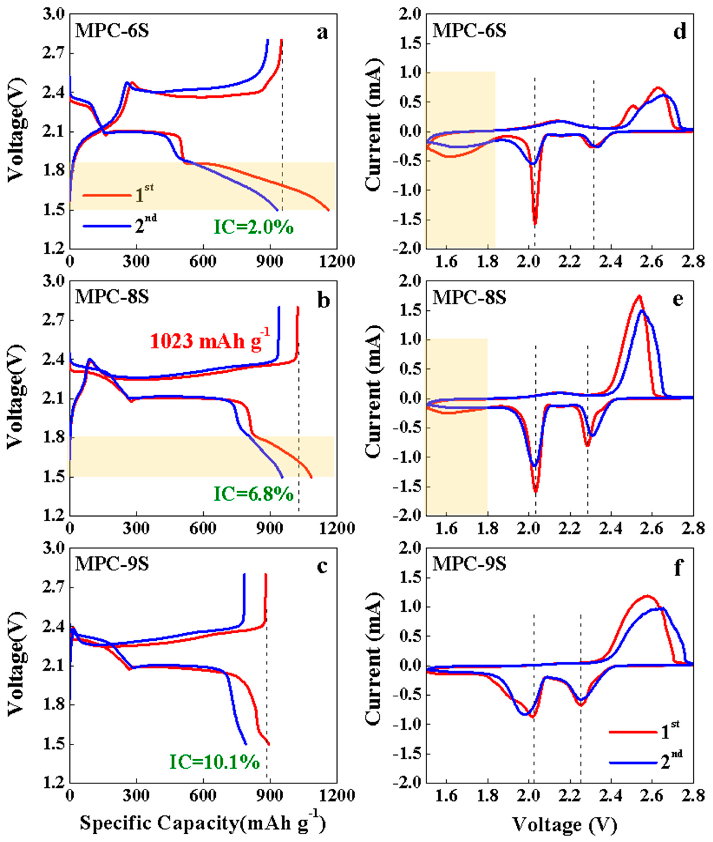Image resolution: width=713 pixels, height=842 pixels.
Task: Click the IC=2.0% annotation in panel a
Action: click(253, 228)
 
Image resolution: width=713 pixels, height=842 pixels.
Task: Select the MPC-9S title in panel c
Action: click(112, 564)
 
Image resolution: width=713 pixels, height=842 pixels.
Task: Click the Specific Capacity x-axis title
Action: click(202, 823)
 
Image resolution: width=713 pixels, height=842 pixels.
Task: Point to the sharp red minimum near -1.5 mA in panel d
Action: click(535, 223)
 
